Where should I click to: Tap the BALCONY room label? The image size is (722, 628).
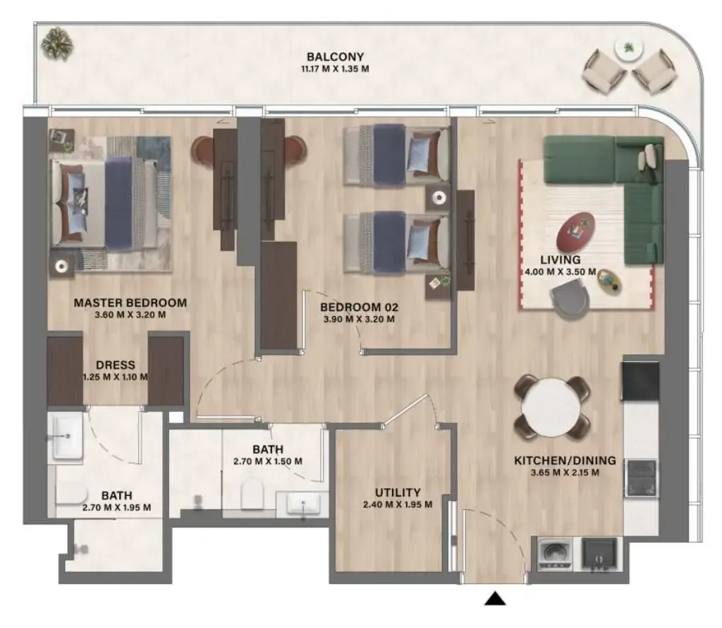pos(335,56)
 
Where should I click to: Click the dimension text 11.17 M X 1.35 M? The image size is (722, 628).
pos(335,69)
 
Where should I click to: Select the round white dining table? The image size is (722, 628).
pos(551,409)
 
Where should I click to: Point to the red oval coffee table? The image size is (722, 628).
pos(575,232)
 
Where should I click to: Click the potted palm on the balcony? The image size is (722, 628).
pos(57,44)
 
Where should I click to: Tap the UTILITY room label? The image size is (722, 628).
pos(398,492)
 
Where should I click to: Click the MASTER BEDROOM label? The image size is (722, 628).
pos(130,303)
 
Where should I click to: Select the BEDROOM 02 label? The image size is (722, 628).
pos(359,307)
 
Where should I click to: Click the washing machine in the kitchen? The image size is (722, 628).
pos(554,553)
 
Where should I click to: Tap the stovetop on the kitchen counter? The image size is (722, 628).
pos(640,477)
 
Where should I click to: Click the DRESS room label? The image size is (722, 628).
pos(116,365)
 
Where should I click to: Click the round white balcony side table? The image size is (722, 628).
pos(628,48)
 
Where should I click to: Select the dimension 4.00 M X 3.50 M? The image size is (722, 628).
pos(561,272)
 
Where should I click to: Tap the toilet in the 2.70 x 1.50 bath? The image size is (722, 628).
pos(252,493)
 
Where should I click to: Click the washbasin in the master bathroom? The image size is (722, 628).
pos(67,436)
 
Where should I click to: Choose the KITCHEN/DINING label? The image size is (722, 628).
pos(565,460)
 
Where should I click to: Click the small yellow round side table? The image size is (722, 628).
pos(610,282)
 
